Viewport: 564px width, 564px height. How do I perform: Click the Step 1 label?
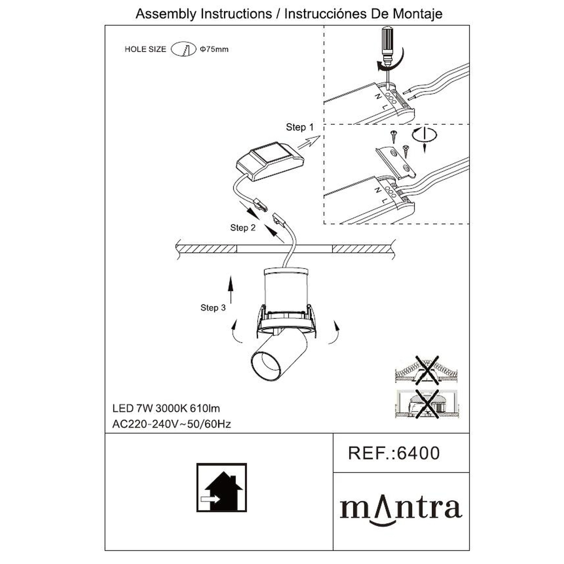(300, 127)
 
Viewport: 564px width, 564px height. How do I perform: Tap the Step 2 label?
(243, 228)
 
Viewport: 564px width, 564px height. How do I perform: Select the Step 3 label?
(213, 308)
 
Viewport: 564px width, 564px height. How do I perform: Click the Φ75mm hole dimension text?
(214, 49)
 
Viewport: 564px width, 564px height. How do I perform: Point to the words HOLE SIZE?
(145, 49)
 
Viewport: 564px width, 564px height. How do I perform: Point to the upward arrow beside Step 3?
(231, 290)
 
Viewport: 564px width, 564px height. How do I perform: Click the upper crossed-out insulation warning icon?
(426, 370)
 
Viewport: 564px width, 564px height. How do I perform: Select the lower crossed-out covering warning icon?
(427, 404)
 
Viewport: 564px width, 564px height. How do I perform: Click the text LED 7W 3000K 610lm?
(166, 408)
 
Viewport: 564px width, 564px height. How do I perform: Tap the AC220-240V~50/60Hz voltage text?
(172, 424)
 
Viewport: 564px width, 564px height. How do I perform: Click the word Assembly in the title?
(166, 14)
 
